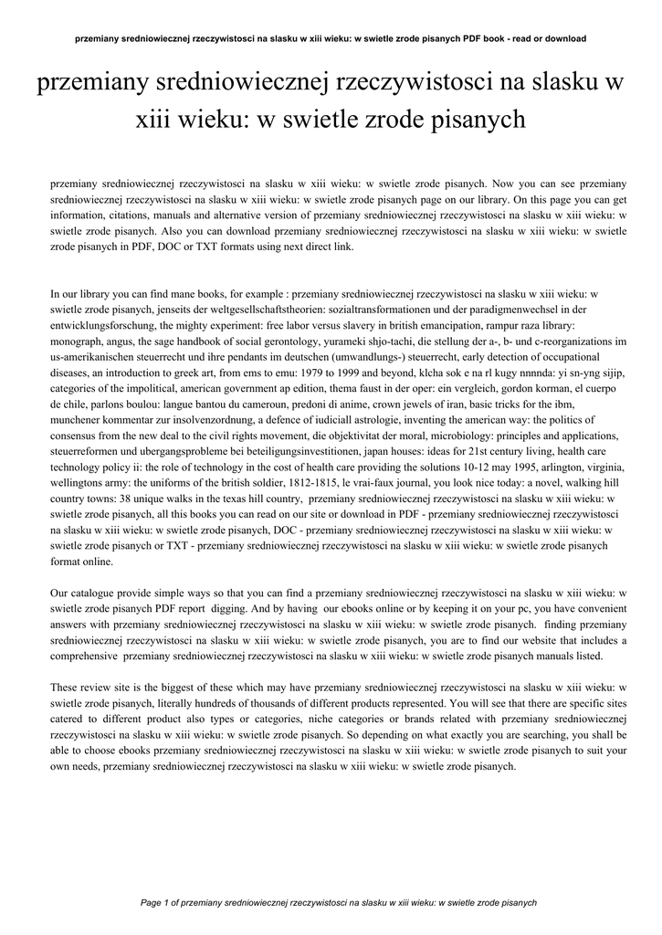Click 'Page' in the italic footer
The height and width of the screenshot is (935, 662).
coord(151,902)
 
